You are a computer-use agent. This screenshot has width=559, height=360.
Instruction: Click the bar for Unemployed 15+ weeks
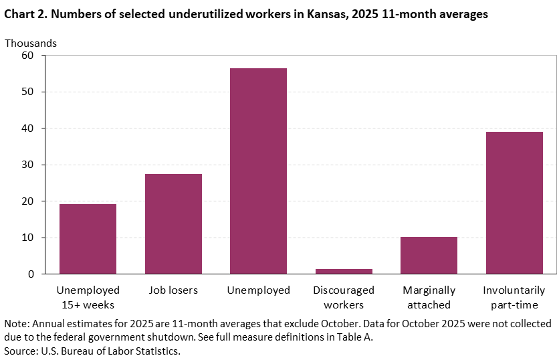[88, 239]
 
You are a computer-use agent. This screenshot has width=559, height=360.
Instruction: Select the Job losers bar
[173, 224]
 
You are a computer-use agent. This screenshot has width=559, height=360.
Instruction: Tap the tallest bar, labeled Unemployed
[258, 171]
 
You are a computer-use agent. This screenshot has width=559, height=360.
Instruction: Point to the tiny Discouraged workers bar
[344, 271]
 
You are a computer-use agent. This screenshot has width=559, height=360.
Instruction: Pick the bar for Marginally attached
[429, 255]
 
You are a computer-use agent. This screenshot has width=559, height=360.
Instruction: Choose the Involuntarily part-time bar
[514, 203]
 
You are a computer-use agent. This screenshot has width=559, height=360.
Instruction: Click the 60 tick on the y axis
[27, 56]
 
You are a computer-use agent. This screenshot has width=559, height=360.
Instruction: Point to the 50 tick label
[27, 92]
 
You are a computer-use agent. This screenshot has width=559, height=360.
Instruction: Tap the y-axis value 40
[27, 128]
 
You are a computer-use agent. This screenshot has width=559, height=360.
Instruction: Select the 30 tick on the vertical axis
[27, 165]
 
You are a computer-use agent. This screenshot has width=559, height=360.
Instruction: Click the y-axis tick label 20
[27, 201]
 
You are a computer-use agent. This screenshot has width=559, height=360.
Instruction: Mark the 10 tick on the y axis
[27, 238]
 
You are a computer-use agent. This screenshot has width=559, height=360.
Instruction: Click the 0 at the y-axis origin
[30, 274]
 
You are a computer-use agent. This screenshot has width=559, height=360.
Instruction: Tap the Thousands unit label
[31, 43]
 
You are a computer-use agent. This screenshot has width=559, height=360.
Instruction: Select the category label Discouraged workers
[344, 298]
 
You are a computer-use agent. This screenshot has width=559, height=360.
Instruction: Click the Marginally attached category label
[429, 298]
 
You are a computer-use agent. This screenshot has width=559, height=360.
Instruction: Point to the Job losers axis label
[173, 290]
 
